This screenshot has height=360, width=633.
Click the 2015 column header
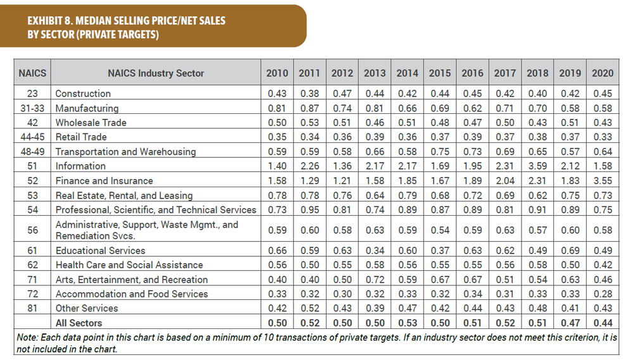[440, 73]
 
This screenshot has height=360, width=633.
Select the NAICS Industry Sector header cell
[156, 73]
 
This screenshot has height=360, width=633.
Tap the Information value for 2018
[537, 166]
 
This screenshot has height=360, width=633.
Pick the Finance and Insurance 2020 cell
[603, 181]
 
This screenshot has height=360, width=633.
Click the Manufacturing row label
[87, 108]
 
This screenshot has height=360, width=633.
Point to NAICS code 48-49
[32, 152]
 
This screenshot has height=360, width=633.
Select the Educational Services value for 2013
[375, 251]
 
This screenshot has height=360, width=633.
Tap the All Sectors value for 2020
[603, 323]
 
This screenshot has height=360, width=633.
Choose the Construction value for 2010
[277, 94]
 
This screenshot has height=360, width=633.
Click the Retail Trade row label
[81, 137]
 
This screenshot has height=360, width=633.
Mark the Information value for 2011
[310, 166]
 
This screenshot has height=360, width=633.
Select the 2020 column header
[603, 73]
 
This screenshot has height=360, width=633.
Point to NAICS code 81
[32, 309]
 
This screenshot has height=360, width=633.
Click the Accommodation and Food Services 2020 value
[603, 294]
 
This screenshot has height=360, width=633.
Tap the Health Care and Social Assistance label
[129, 265]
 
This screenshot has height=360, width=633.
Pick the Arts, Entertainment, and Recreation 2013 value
[375, 280]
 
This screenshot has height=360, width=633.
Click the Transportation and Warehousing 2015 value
[440, 152]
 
